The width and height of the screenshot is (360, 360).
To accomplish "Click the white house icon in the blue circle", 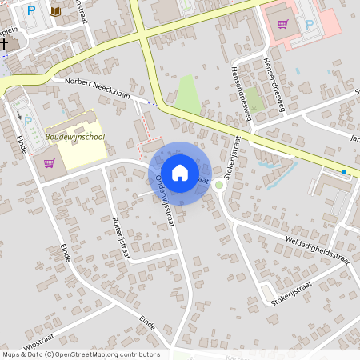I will [180, 172].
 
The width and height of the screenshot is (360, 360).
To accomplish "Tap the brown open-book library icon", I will [55, 11].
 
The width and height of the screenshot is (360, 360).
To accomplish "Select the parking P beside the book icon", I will [31, 10].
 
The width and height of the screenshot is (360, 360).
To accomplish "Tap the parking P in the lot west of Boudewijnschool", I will [28, 122].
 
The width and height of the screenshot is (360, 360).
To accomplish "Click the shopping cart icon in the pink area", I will [282, 23].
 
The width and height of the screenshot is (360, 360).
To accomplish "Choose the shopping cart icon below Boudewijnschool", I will [50, 163].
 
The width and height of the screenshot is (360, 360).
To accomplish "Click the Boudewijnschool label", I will [75, 137].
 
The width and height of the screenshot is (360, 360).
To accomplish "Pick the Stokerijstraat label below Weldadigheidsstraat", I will [290, 294].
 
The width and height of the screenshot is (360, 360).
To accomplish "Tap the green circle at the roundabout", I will [218, 184].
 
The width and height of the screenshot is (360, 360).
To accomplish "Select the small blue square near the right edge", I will [344, 171].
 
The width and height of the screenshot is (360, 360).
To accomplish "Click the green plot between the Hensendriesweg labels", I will [254, 99].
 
